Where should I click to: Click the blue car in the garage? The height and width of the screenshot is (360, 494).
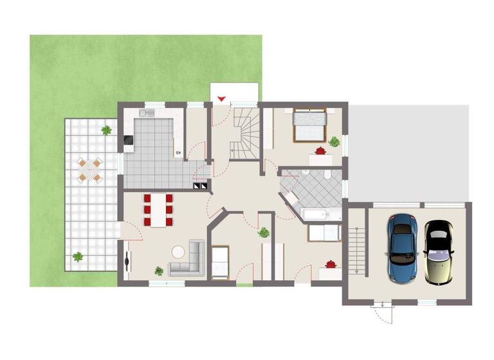[x=402, y=247]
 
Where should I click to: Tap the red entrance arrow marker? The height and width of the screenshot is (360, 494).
[x=222, y=98]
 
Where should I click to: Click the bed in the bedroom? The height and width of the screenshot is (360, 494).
[x=310, y=125]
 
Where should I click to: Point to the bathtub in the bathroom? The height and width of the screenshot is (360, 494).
[x=319, y=215]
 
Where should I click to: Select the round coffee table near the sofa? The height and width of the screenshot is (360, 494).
[x=177, y=249]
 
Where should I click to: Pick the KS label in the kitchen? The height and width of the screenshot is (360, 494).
[x=179, y=152]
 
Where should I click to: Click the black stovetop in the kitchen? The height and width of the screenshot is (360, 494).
[x=127, y=139]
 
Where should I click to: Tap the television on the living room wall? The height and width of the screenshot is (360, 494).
[x=126, y=259]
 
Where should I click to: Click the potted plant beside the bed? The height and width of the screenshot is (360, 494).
[x=334, y=141]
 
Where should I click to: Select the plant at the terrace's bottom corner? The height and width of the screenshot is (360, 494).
[x=78, y=257]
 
